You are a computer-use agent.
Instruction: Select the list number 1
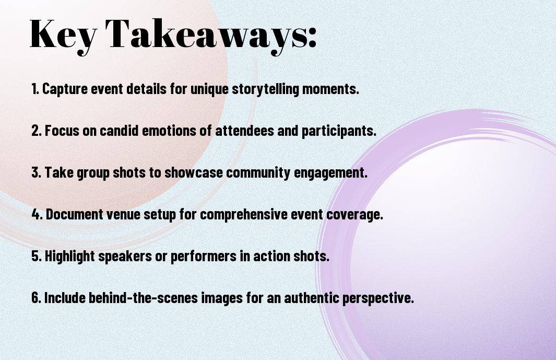tap(35, 89)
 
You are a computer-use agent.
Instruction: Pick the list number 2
tap(37, 131)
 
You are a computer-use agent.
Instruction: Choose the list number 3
tap(37, 172)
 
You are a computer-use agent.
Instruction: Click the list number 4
tap(37, 214)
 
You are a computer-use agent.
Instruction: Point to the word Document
tap(75, 214)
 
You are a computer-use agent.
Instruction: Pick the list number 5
tap(37, 256)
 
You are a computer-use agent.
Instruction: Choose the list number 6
tap(37, 298)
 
